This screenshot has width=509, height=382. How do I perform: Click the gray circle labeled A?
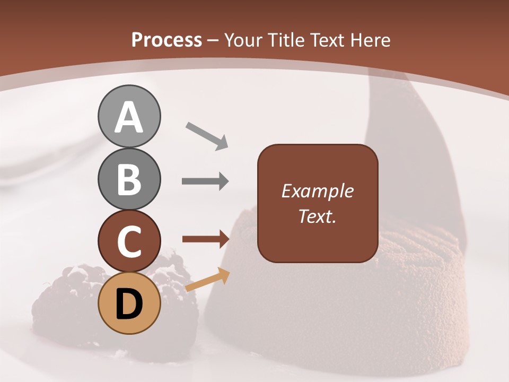click(129, 116)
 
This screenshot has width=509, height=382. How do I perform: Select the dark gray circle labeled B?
click(129, 179)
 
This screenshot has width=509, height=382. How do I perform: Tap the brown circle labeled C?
click(129, 241)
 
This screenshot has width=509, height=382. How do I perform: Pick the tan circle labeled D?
click(129, 303)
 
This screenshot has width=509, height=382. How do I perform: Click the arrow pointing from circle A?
click(207, 136)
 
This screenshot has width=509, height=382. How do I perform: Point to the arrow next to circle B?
click(205, 181)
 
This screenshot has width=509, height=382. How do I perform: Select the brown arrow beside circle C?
click(205, 239)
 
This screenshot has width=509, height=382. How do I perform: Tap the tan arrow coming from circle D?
click(207, 280)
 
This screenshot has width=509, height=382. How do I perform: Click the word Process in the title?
click(166, 40)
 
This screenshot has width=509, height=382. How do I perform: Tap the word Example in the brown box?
click(317, 191)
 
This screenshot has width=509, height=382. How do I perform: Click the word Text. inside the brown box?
click(317, 216)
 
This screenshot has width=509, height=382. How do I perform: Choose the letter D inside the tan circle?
click(129, 304)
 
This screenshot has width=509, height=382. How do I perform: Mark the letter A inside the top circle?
click(129, 117)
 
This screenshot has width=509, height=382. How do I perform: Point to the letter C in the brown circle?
click(129, 242)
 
